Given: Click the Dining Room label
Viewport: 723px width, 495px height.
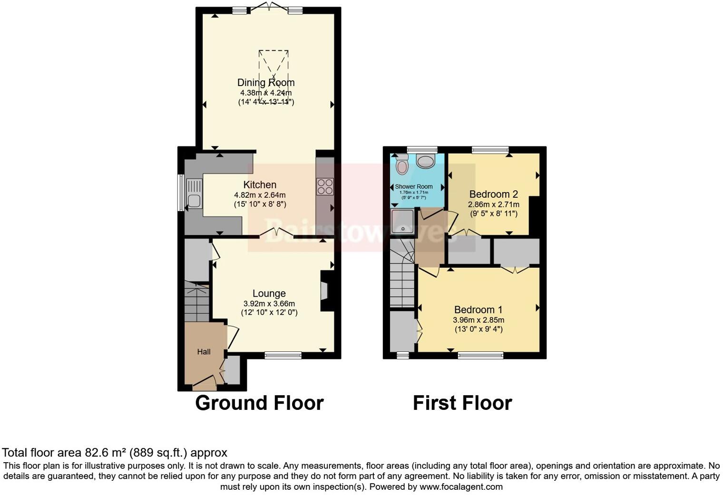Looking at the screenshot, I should (266, 83).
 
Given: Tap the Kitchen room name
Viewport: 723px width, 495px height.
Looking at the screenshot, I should (260, 185).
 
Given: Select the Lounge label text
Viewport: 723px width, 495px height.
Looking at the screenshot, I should (269, 294).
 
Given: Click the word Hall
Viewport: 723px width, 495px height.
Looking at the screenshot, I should (204, 352).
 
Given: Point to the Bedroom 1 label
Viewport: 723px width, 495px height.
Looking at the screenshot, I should (478, 310).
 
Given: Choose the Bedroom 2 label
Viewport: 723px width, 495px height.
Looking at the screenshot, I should (493, 194).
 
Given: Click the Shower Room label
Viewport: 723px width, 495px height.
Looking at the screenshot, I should (414, 186).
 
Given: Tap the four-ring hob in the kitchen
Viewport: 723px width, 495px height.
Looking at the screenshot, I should (325, 186).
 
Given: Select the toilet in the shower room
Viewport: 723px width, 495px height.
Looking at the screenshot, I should (402, 166).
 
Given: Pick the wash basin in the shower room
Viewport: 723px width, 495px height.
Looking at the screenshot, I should (426, 161).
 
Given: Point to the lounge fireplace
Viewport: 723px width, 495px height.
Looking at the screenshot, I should (325, 291).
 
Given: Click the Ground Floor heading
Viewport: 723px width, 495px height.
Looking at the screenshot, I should (259, 403).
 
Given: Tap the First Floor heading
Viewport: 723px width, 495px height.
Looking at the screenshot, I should (462, 403).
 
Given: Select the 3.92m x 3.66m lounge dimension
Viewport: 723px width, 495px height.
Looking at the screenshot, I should (269, 304).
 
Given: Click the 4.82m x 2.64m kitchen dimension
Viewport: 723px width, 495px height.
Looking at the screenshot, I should (260, 195).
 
